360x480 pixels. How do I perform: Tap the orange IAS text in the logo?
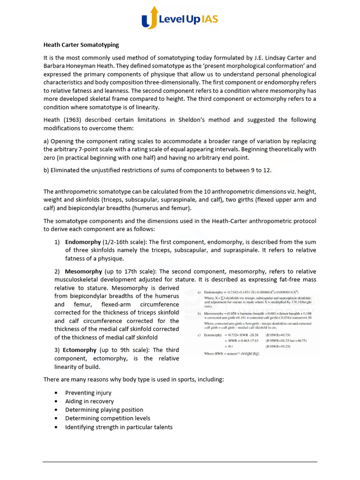click(207, 19)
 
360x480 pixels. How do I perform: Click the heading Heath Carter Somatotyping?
click(81, 45)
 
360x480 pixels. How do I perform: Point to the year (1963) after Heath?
click(71, 120)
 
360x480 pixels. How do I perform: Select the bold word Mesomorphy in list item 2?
click(83, 271)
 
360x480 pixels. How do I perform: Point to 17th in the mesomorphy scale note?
click(128, 271)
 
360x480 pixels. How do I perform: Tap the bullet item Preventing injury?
click(88, 393)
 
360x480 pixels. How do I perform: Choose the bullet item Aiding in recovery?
click(89, 401)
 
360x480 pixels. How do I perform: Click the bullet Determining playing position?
click(104, 410)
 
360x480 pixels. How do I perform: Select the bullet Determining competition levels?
click(107, 418)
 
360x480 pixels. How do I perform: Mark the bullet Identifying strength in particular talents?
click(119, 427)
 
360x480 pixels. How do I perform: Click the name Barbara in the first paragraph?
click(56, 66)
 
